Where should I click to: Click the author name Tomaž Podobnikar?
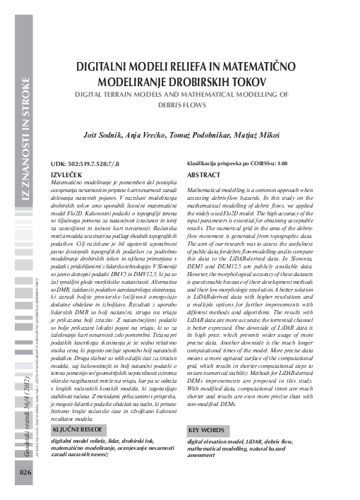point(204,133)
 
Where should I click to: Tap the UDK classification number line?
point(90,163)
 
